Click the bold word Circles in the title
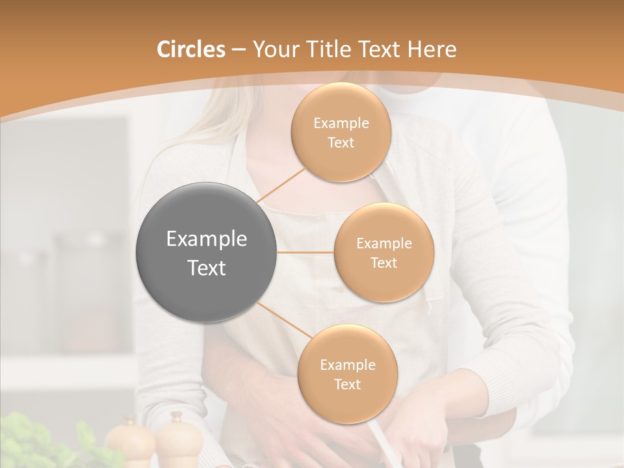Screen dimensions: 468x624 pyautogui.click(x=190, y=49)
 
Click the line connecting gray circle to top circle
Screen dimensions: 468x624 pyautogui.click(x=281, y=185)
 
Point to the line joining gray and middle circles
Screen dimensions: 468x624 pyautogui.click(x=305, y=252)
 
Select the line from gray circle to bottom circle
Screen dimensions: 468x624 pyautogui.click(x=281, y=321)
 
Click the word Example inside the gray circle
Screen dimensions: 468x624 pyautogui.click(x=207, y=239)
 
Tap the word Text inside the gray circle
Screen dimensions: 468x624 pyautogui.click(x=207, y=268)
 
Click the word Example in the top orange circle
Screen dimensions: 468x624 pyautogui.click(x=341, y=123)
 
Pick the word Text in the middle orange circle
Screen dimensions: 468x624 pyautogui.click(x=383, y=263)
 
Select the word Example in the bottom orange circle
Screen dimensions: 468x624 pyautogui.click(x=347, y=365)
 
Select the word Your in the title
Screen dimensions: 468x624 pyautogui.click(x=273, y=49)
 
